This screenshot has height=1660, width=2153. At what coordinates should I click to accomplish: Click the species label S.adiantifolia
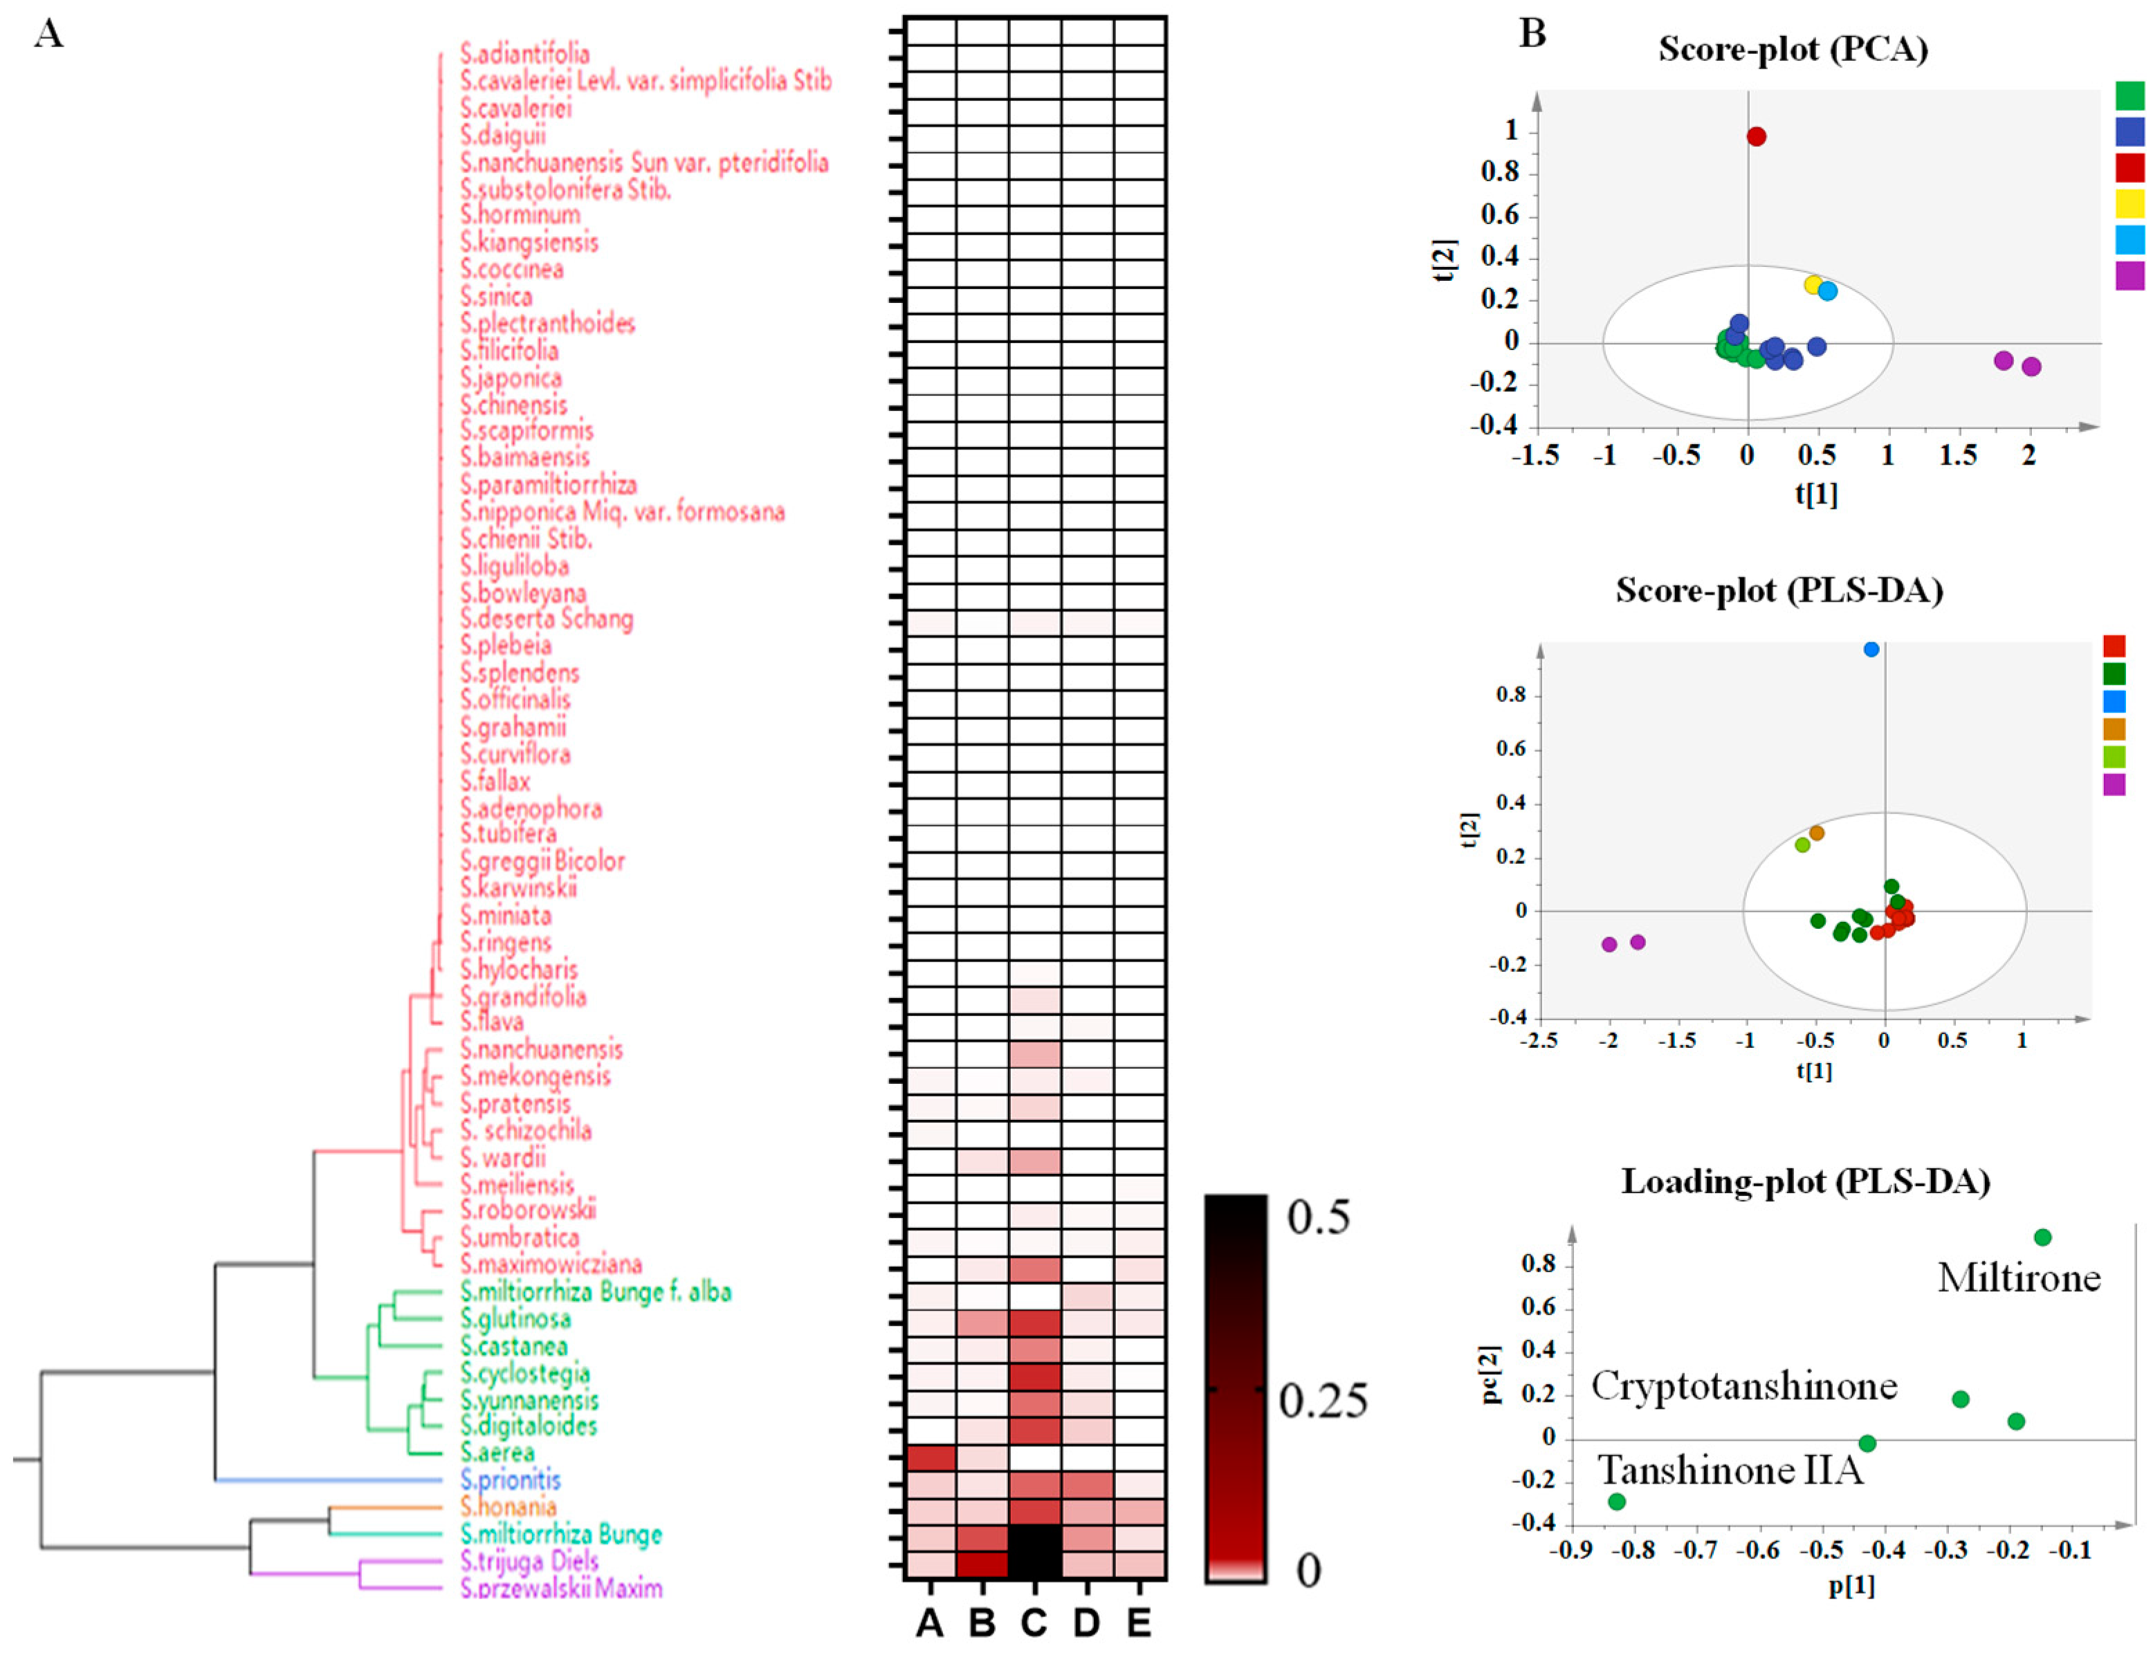(524, 54)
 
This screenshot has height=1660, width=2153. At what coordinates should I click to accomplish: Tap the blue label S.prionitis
(510, 1479)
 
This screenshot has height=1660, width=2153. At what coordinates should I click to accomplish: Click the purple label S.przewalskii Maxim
(561, 1588)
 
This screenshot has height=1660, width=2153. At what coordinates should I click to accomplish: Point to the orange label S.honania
(508, 1507)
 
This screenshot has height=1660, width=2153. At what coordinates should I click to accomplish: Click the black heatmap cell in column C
(1034, 1551)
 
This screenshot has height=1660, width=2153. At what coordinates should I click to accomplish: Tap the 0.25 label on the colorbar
(1323, 1401)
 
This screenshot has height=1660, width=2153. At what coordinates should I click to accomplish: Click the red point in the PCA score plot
(1756, 136)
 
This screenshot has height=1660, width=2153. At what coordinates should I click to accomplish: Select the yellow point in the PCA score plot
(1813, 285)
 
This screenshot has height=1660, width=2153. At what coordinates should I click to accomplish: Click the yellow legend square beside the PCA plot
(2129, 203)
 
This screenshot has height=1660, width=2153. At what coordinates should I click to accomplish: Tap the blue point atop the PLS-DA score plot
(1871, 649)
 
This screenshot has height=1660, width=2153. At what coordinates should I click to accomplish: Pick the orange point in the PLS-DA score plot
(1817, 833)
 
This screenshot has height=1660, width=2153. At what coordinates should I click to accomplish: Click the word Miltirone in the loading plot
(2018, 1278)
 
